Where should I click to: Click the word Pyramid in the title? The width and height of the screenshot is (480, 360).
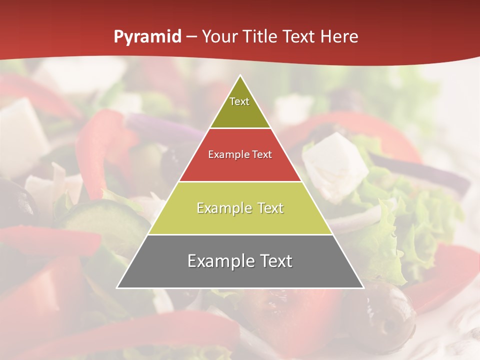point(147,37)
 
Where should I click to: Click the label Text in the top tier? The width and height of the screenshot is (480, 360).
point(239,101)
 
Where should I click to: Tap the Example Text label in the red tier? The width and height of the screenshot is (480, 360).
point(240,154)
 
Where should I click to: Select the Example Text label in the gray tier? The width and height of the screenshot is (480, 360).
point(240,261)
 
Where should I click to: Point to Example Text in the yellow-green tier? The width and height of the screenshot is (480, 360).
point(240,208)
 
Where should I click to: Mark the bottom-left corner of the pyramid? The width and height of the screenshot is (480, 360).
point(117,287)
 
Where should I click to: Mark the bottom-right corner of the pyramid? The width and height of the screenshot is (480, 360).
point(363,287)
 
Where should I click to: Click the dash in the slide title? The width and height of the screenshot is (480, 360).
point(191,37)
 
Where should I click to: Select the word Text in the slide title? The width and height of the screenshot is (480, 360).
point(301,37)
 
